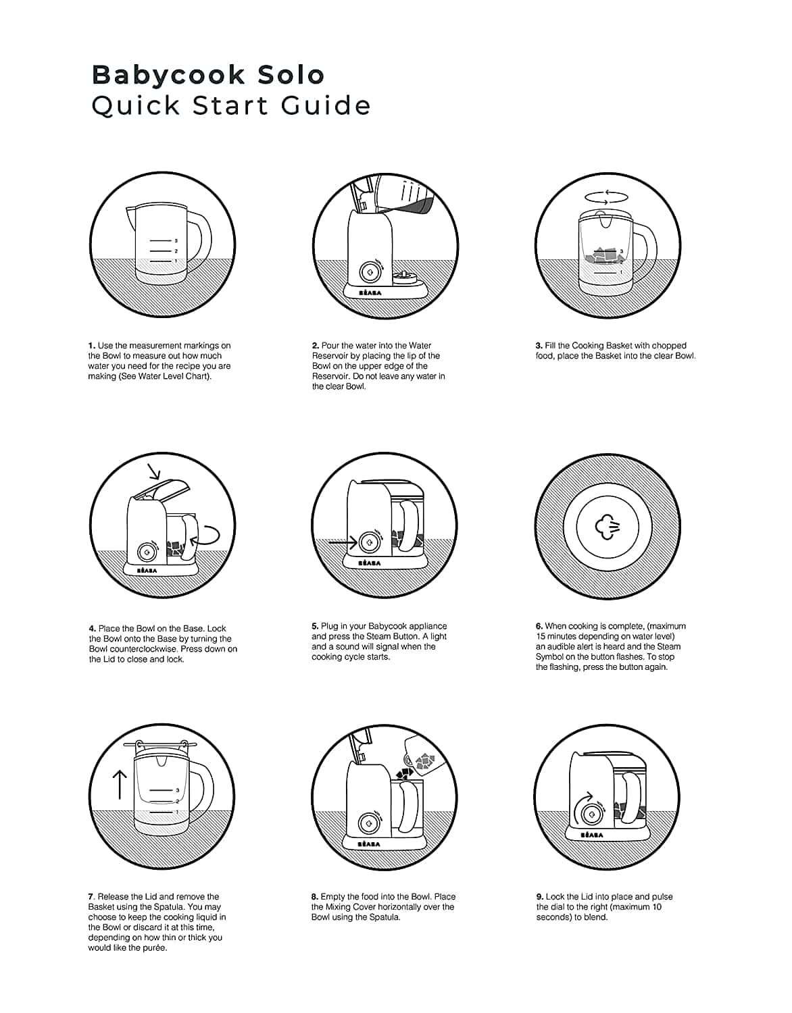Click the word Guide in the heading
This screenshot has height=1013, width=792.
point(326,105)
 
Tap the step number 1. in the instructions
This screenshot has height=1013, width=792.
point(92,346)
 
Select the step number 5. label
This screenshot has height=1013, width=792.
point(316,625)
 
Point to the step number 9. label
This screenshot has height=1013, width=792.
point(540,896)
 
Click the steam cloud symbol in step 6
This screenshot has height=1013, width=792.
point(608,526)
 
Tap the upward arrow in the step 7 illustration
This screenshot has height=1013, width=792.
point(120,783)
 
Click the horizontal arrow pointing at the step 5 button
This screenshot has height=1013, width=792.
point(343,542)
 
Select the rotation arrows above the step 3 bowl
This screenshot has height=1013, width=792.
point(606,198)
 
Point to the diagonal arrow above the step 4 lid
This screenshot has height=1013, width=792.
point(153,471)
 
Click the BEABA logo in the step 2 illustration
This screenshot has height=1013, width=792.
point(370,293)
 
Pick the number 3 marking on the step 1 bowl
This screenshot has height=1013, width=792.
point(176,240)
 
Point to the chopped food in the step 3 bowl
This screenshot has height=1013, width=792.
point(605,255)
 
